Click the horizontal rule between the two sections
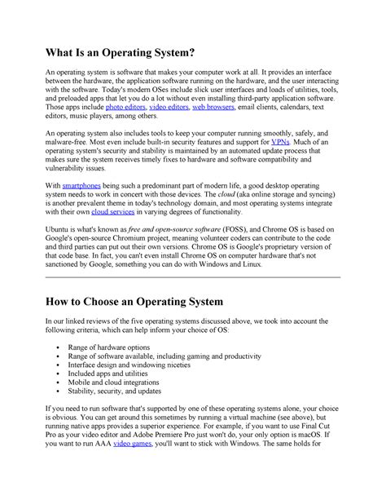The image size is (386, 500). click(x=192, y=278)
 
